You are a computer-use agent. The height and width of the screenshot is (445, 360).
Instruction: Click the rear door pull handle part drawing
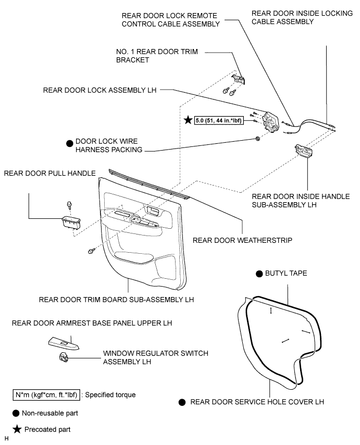(x=71, y=222)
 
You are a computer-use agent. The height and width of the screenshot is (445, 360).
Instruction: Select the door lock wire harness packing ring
(x=257, y=139)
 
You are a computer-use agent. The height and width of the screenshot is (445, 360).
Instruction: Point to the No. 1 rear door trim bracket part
(x=238, y=79)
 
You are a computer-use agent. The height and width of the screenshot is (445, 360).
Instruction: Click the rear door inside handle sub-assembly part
(x=304, y=151)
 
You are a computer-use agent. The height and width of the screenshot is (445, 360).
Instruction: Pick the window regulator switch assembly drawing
(x=64, y=357)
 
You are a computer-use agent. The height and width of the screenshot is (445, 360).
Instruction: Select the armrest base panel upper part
(x=64, y=343)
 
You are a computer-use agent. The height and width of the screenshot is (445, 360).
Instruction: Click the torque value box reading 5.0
(x=219, y=120)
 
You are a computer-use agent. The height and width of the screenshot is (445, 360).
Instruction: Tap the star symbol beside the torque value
(x=188, y=120)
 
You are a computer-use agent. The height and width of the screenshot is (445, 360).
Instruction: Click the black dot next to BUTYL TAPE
(x=259, y=274)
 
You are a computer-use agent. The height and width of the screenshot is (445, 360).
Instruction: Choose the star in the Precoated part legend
(x=17, y=429)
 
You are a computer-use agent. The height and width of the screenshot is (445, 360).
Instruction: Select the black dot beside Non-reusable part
(x=16, y=414)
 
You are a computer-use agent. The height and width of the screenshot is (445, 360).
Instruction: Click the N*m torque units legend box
(x=46, y=395)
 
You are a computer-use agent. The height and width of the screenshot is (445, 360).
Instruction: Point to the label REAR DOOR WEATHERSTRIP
(x=243, y=240)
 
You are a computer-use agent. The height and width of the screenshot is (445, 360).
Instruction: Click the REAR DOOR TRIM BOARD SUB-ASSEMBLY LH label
(x=116, y=300)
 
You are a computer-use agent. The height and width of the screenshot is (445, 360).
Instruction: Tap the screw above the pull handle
(x=69, y=205)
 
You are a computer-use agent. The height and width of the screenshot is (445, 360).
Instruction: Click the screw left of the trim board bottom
(x=91, y=251)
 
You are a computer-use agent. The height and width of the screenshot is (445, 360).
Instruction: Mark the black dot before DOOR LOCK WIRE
(x=69, y=144)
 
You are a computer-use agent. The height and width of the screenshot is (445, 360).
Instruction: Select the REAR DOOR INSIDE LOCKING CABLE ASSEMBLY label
(x=302, y=17)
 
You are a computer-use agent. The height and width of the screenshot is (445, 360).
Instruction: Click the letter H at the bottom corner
(x=7, y=438)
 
